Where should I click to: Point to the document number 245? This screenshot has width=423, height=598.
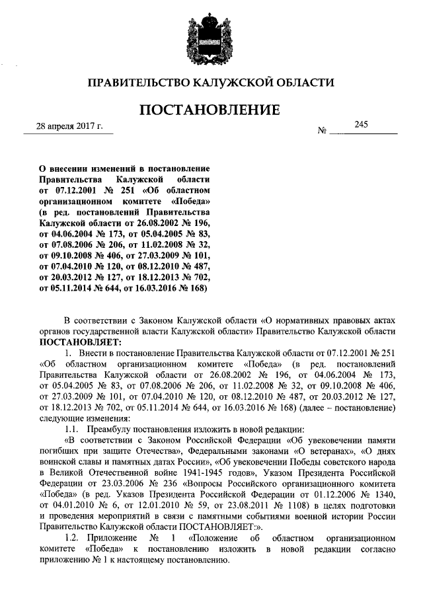[361, 124]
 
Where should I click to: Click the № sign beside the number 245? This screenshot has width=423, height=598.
[323, 131]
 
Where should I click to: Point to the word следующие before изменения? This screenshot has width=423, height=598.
[63, 418]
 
